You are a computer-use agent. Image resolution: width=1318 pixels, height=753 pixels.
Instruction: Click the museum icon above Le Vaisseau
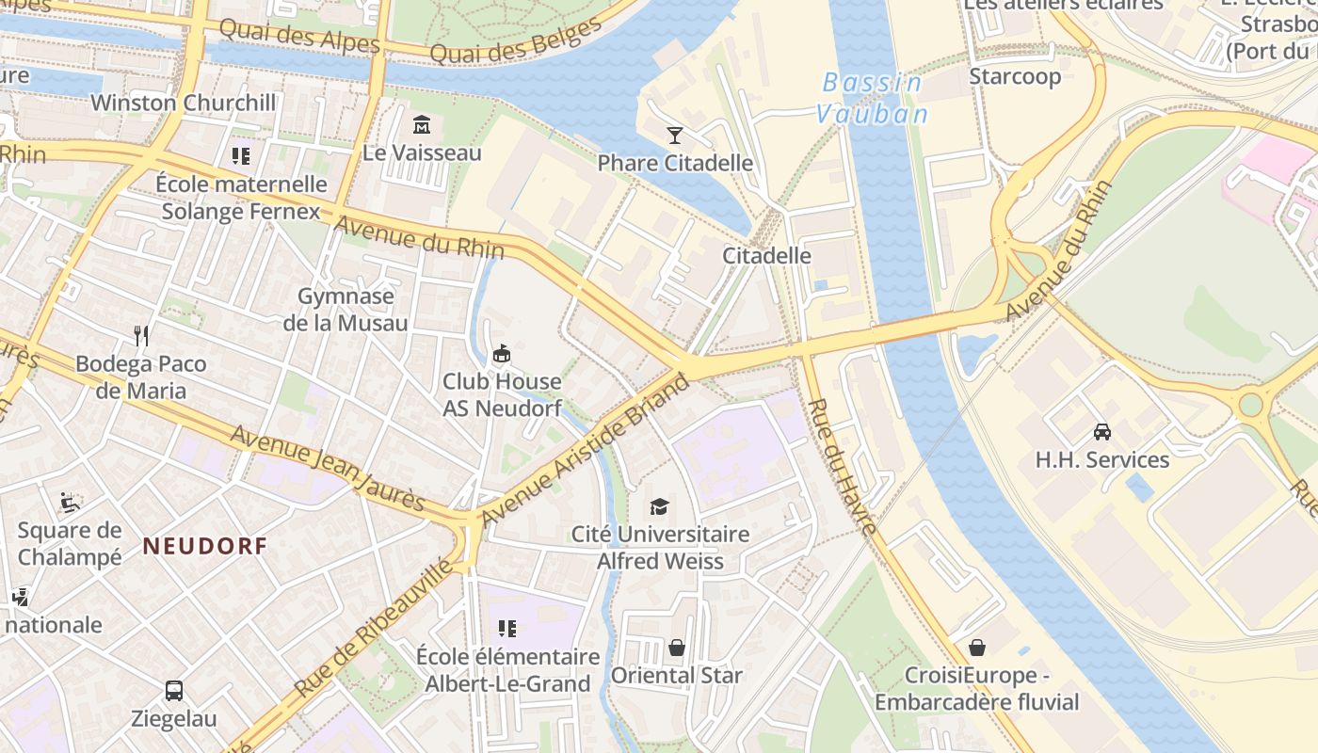(421, 124)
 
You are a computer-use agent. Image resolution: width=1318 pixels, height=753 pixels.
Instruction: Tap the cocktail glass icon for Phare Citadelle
(674, 136)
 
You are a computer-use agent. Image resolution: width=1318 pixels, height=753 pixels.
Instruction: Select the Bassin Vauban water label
(872, 98)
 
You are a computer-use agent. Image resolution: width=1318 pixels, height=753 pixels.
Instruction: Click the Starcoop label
(1015, 76)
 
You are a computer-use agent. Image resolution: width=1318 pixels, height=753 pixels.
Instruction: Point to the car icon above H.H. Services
(1101, 432)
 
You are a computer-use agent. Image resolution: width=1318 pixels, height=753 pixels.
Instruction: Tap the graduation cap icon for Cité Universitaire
(659, 506)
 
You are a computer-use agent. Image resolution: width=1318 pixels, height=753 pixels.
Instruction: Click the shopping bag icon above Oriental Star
(676, 648)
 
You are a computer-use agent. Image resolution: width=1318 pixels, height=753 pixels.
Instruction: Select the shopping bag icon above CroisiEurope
(976, 648)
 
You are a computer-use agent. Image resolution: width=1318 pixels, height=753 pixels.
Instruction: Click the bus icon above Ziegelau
(174, 690)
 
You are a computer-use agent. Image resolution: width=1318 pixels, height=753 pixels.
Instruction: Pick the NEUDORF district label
(205, 545)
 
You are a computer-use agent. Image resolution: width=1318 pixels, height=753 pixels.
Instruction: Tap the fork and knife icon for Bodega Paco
(141, 336)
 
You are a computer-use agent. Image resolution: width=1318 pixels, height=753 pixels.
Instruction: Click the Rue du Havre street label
(843, 467)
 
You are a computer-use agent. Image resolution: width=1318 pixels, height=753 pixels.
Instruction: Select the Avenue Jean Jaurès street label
(328, 468)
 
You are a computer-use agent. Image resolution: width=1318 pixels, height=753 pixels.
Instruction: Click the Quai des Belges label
(515, 43)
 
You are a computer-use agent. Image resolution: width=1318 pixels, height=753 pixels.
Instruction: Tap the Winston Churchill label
(184, 103)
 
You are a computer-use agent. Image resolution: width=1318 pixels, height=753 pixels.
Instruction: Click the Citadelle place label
(766, 255)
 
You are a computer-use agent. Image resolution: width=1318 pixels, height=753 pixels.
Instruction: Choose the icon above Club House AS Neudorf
(502, 354)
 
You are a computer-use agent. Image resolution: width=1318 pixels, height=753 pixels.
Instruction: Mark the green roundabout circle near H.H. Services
(1250, 405)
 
